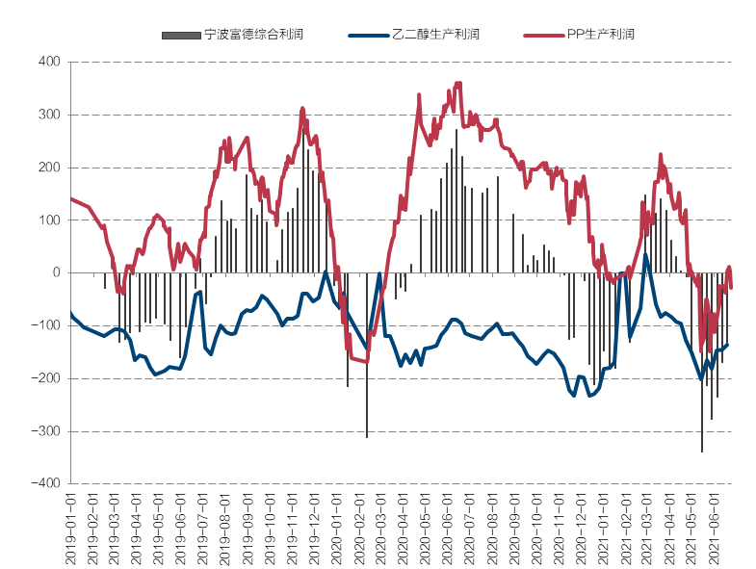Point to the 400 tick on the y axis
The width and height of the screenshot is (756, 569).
[49, 62]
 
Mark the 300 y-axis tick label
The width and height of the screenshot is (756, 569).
[49, 115]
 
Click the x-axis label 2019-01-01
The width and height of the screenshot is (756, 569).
[70, 529]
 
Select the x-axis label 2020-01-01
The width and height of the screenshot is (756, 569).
[338, 529]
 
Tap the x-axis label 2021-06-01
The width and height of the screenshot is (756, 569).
[715, 529]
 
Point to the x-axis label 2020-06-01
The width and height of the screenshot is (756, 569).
[448, 529]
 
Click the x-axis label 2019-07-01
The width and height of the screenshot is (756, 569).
[203, 529]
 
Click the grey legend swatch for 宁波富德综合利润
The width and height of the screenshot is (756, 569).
[180, 36]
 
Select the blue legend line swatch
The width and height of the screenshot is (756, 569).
[367, 36]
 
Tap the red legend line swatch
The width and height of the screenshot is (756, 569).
[542, 36]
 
